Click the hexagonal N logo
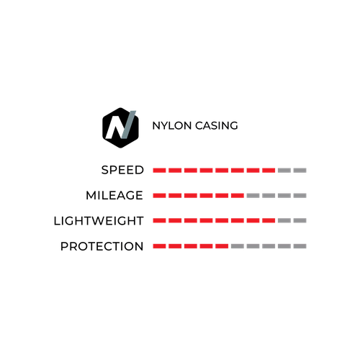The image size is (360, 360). pos(120,127)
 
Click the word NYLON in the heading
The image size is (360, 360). pos(172,126)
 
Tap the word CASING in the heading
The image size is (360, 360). pos(217,126)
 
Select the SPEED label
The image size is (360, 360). pos(122,170)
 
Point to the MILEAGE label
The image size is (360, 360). pos(114,195)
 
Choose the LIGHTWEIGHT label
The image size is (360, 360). pos(99,221)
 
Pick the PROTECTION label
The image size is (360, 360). pos(102,246)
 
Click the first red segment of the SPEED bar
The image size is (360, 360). pos(159,171)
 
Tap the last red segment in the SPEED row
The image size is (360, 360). pos(269,171)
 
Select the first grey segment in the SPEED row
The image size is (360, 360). pos(284,171)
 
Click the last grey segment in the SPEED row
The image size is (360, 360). pos(300,171)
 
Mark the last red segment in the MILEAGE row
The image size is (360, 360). pos(238,196)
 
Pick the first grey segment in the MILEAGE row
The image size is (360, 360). pos(253,196)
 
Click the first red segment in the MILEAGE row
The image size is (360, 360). pos(159,196)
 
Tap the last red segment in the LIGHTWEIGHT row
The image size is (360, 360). pos(269,220)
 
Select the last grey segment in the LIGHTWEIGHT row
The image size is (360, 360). pos(300,220)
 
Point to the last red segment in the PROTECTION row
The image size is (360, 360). pos(222,246)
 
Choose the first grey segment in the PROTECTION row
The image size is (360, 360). pos(238,246)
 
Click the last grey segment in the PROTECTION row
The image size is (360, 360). pos(300,246)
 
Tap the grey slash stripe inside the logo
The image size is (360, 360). pos(129,125)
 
